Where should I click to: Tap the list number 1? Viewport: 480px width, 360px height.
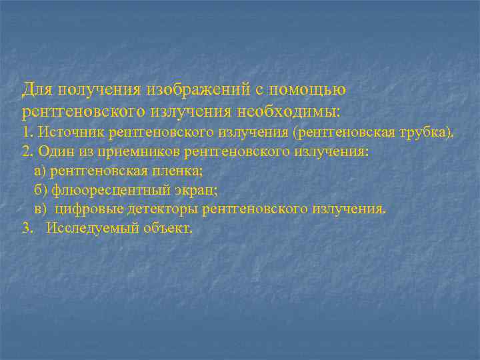26,132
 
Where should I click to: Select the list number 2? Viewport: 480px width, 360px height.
27,151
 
